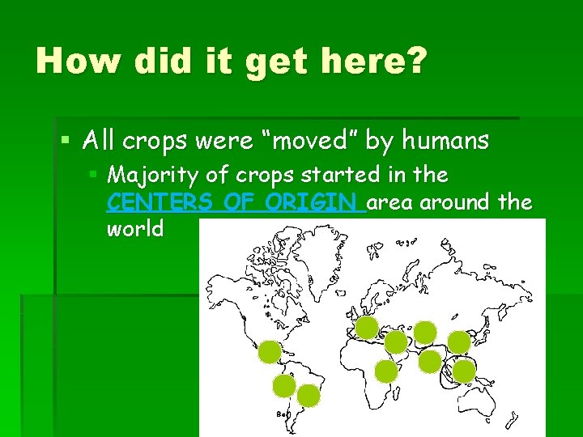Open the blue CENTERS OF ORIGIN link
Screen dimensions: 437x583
tap(236, 202)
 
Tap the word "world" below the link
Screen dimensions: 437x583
tap(134, 228)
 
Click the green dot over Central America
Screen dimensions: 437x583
tap(270, 352)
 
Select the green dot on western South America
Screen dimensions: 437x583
tap(284, 386)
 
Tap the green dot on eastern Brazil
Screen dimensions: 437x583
tap(309, 395)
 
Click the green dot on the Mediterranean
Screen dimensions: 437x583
tap(367, 328)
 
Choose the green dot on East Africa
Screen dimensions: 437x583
tap(387, 371)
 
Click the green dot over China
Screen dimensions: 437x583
tap(459, 342)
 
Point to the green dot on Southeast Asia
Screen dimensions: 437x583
tap(464, 371)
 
